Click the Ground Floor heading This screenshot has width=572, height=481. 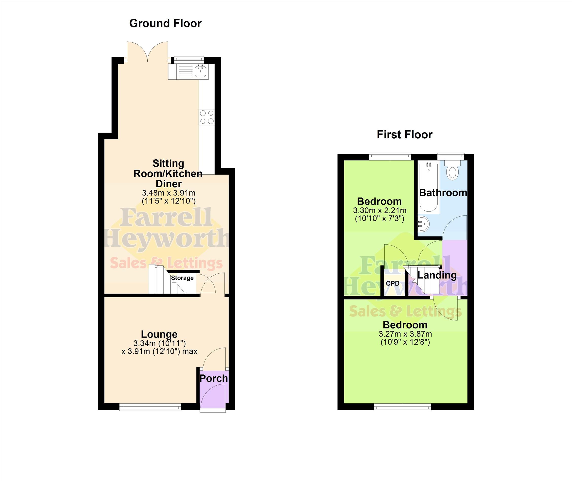[x=165, y=23]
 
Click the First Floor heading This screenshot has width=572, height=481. [x=404, y=135]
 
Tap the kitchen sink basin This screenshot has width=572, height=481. [x=201, y=72]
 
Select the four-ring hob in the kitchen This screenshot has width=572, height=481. [x=207, y=117]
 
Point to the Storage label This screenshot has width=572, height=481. [x=182, y=278]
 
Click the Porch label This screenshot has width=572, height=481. [x=213, y=378]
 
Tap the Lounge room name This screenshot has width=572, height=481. [x=159, y=334]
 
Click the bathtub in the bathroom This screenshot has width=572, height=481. [x=429, y=188]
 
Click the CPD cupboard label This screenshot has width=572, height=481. [x=393, y=283]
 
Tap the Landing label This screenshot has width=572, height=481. [x=437, y=275]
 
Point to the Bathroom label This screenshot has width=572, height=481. [x=443, y=193]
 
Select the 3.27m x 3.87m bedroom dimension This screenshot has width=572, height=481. [x=405, y=334]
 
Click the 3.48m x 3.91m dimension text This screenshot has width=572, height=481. [x=169, y=193]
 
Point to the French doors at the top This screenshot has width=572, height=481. [x=147, y=52]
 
